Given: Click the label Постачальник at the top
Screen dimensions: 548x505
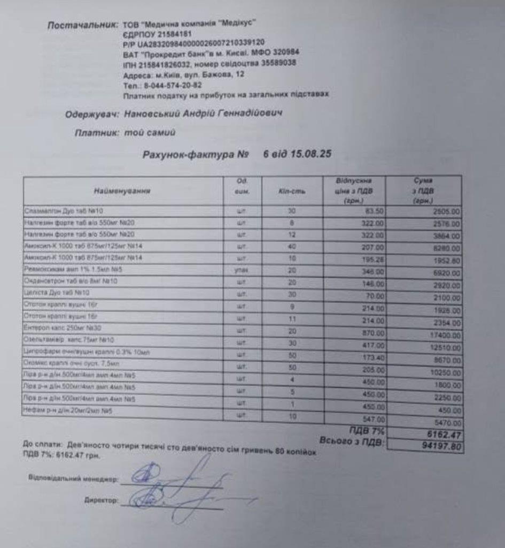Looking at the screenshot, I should [82, 25].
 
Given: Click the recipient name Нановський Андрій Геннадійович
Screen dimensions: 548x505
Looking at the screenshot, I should [203, 114].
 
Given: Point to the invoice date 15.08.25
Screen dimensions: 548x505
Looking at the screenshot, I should [311, 154].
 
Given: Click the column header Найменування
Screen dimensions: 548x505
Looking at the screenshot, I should [122, 190].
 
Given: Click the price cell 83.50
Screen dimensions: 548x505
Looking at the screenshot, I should [373, 211].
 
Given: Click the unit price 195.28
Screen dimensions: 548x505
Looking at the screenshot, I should [372, 260].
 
